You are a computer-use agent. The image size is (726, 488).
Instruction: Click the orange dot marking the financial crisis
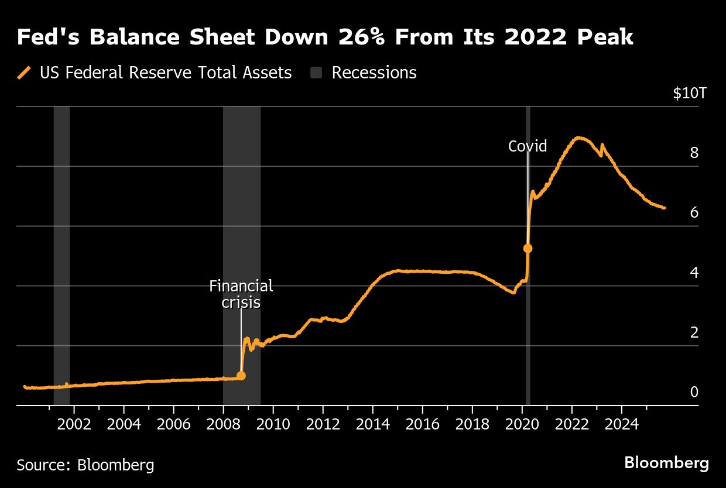[241, 376]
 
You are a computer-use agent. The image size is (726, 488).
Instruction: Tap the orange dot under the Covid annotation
[528, 248]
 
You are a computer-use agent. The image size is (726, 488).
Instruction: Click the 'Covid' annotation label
[528, 146]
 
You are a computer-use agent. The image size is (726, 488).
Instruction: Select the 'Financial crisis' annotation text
[241, 294]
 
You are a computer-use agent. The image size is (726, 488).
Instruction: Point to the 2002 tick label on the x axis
[74, 424]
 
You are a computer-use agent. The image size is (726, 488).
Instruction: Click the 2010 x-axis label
[273, 424]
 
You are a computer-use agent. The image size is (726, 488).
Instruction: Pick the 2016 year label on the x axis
[422, 424]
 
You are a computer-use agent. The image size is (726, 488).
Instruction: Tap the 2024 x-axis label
[622, 424]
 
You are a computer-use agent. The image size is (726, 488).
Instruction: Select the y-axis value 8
[694, 153]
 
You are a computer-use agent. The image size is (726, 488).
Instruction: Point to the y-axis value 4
[694, 273]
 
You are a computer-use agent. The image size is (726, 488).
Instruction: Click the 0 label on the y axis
[694, 392]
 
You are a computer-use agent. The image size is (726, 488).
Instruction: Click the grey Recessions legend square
[316, 73]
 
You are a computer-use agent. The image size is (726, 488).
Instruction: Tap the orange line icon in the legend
[24, 73]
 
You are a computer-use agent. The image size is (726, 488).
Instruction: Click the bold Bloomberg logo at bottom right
[666, 463]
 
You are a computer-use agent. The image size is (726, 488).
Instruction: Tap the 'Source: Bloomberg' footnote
[85, 465]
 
